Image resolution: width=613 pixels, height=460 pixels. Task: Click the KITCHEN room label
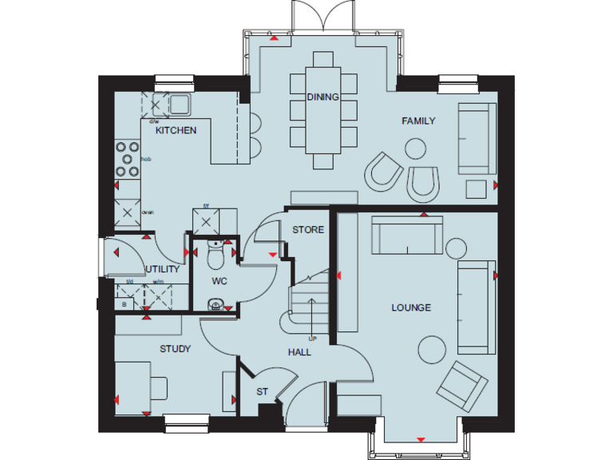176,130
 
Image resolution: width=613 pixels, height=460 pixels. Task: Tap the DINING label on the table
323,97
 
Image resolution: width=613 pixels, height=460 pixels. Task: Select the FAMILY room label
418,121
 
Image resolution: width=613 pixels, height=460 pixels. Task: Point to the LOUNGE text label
411,307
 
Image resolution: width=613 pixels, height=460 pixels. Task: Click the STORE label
308,230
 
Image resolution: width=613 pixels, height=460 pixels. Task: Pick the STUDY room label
175,348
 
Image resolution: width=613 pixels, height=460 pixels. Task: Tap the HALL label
300,352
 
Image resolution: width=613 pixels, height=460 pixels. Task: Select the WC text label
219,281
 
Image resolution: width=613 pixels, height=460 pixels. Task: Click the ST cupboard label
262,392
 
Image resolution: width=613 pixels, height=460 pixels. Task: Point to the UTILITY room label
163,269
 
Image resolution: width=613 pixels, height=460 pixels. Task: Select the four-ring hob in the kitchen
126,159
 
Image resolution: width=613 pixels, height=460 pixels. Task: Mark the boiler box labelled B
124,303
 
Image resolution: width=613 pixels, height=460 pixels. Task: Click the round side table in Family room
415,149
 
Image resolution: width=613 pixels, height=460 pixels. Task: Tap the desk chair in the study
159,387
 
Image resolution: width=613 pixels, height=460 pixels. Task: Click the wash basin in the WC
215,303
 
